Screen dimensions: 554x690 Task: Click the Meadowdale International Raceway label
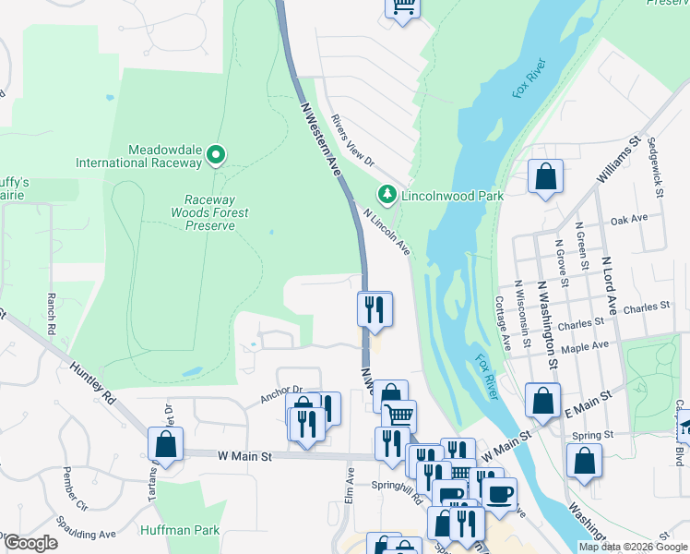coord(153,156)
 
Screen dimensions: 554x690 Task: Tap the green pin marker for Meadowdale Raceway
coord(216,155)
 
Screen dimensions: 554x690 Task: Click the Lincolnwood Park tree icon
coord(387,195)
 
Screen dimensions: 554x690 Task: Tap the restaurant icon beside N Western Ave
coord(375,308)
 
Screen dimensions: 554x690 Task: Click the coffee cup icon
coord(499,494)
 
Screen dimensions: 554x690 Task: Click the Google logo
coord(30,543)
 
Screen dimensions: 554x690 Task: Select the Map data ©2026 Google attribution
coord(633,547)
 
